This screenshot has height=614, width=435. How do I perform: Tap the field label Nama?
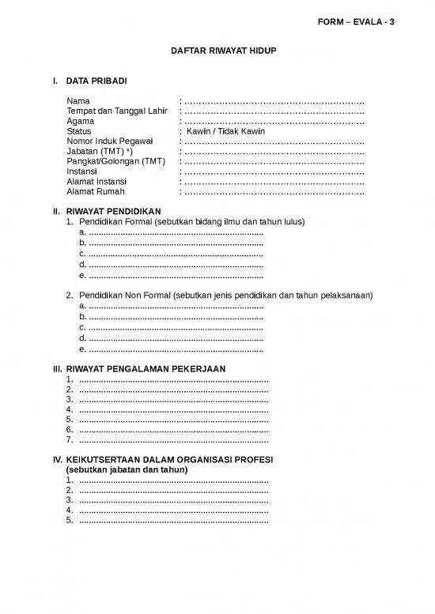click(x=78, y=101)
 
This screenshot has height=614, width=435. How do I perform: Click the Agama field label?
click(x=81, y=121)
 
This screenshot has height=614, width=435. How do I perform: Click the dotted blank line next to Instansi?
click(x=274, y=171)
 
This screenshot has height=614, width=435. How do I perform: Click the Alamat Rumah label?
click(x=96, y=191)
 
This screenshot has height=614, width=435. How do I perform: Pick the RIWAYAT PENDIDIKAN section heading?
click(x=114, y=212)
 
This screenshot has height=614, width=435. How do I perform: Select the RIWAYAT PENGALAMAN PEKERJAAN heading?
click(x=146, y=369)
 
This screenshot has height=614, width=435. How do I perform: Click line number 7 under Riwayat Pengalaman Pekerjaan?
click(x=70, y=440)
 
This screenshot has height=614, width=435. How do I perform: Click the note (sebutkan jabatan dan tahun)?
click(x=127, y=469)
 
